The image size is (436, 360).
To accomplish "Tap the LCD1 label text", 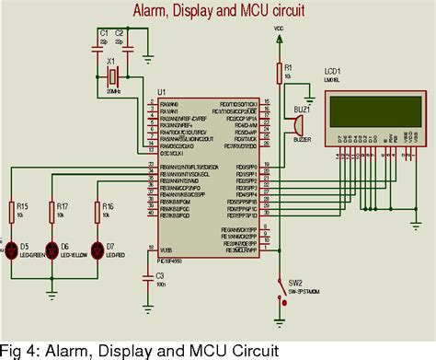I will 331,71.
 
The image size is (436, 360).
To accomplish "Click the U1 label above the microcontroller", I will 161,93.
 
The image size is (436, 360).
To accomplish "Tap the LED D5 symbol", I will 13,249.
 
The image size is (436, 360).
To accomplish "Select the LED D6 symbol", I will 52,249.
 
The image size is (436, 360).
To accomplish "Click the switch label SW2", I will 295,283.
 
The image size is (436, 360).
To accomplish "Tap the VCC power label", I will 280,29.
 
